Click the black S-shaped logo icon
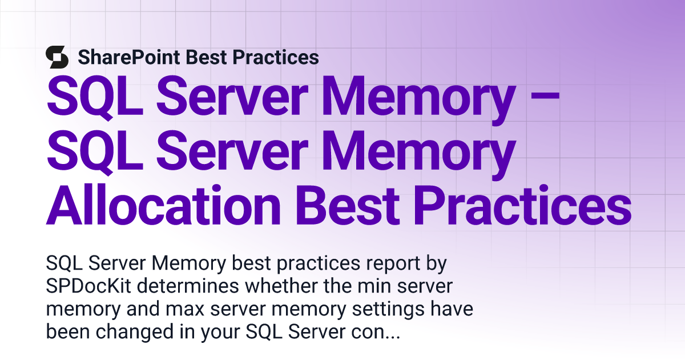pos(57,57)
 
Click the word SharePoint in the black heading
pos(129,58)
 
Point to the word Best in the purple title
pos(348,205)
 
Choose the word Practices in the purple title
pos(523,205)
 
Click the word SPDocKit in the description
pos(88,286)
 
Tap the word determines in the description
pos(188,286)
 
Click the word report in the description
pos(393,263)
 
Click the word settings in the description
pos(388,309)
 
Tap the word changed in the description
pos(135,332)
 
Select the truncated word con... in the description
pos(376,333)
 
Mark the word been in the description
pos(68,332)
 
